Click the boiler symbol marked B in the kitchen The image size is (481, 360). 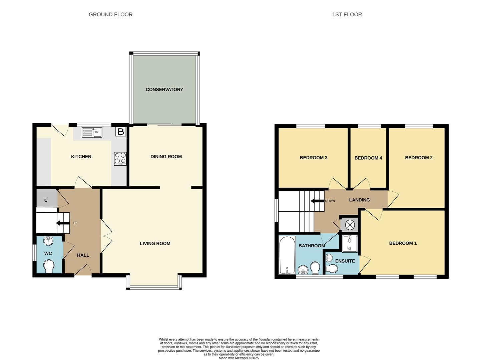120,132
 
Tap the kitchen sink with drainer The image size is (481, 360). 92,132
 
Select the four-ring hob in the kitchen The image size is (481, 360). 120,158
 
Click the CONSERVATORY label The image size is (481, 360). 164,89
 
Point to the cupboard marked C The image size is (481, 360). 46,200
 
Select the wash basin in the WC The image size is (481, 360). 48,241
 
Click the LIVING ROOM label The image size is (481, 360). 155,243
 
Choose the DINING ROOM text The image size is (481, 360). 166,156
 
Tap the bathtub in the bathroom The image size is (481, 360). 287,255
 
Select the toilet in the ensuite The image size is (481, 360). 332,268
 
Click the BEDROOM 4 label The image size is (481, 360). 368,158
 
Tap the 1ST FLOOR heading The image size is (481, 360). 347,14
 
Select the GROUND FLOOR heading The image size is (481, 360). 110,14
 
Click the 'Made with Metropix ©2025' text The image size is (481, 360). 238,358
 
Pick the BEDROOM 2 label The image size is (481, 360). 419,157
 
